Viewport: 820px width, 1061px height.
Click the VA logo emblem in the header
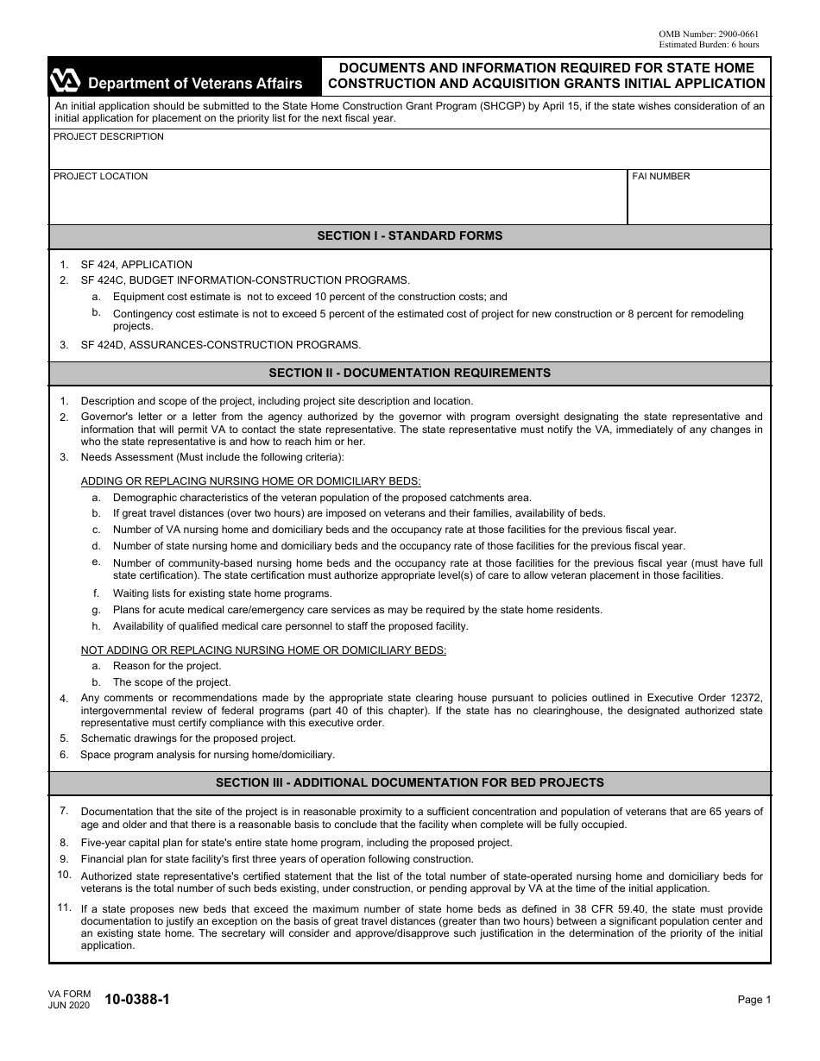[66, 81]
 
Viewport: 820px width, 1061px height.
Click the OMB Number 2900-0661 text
[709, 34]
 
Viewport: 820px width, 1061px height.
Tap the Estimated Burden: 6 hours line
[709, 44]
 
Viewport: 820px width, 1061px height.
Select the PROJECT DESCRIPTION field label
[108, 137]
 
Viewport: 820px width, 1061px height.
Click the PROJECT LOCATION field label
[100, 177]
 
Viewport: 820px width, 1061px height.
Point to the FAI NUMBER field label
[661, 177]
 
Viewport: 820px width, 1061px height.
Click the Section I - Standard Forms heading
[409, 236]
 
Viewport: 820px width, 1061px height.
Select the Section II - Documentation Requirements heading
[409, 374]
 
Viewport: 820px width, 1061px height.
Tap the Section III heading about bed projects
[409, 783]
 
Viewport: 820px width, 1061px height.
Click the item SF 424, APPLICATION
[136, 265]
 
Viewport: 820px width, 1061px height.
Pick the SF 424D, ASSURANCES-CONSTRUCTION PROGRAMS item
[220, 345]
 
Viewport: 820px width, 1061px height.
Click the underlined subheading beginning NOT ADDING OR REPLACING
[263, 650]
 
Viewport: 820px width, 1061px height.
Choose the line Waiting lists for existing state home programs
[222, 593]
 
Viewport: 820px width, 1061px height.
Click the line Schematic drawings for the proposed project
[188, 738]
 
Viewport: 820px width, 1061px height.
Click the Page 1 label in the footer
[754, 1000]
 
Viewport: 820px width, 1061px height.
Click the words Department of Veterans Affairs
[195, 84]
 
